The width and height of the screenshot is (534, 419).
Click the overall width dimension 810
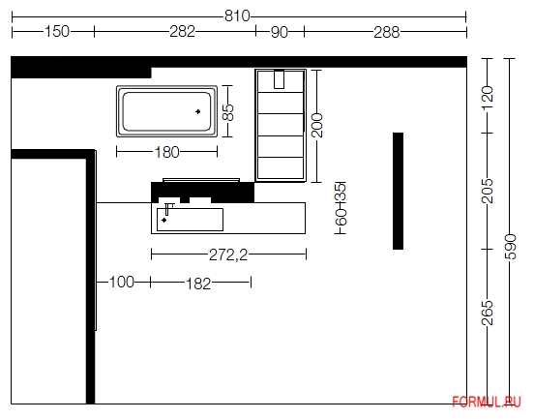237,16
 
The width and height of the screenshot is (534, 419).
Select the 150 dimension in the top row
57,32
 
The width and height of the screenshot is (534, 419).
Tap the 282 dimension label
183,32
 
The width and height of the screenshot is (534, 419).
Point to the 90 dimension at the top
280,32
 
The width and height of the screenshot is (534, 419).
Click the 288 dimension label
387,33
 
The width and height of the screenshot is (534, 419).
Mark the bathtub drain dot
198,111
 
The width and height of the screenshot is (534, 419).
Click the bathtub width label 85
228,112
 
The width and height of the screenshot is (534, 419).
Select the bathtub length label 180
166,152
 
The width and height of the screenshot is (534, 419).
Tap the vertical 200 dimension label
316,126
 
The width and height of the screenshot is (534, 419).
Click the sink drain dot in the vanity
164,220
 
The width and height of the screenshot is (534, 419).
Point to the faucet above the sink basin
168,209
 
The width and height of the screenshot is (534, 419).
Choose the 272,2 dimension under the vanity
228,254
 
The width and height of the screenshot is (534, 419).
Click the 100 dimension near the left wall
122,282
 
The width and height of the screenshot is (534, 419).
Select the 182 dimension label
198,284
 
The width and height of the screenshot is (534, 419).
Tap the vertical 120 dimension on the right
488,98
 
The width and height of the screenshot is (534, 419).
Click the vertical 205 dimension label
488,191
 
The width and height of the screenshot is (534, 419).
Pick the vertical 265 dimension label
488,313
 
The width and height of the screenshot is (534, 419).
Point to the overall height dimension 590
510,247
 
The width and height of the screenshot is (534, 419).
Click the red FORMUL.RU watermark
487,402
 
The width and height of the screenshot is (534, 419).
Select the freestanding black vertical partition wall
399,191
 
